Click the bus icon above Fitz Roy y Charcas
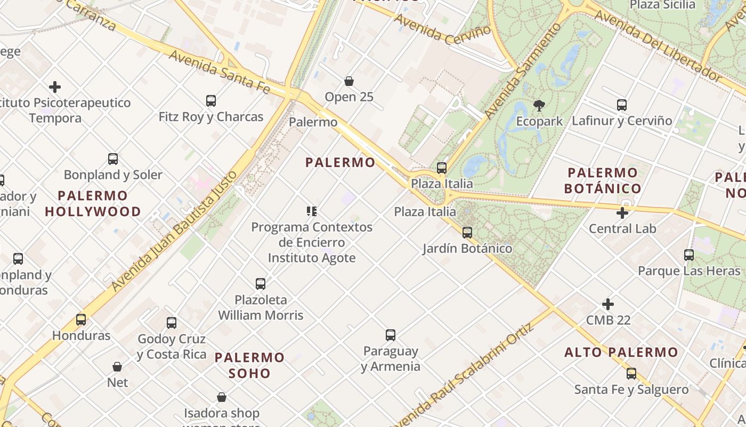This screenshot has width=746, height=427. point(211,100)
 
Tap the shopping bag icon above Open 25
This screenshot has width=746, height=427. point(349,81)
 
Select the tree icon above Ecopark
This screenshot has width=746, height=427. point(539,105)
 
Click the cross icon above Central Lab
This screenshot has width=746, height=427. point(622,213)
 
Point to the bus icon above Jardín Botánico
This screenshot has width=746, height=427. point(467,233)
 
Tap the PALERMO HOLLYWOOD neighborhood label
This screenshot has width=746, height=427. point(93,203)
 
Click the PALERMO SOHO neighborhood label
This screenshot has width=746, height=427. point(250,365)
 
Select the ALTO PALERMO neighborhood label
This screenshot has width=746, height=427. point(621,352)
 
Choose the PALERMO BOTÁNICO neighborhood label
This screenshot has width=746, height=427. point(603,180)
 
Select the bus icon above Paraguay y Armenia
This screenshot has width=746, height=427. point(391,335)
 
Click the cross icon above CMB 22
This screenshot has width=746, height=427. point(608,304)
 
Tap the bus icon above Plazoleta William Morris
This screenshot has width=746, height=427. point(261,284)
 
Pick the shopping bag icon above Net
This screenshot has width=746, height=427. point(117,367)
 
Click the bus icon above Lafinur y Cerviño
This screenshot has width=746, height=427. point(622,105)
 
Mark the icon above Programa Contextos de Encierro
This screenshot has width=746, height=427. point(312,211)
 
